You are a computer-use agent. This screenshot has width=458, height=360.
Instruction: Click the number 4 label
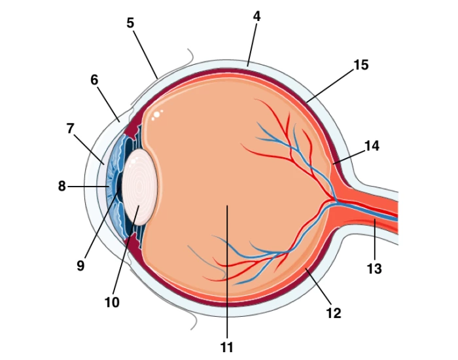(256, 16)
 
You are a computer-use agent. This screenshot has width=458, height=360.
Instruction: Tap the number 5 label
(130, 23)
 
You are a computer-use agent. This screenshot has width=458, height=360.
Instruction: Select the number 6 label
(94, 80)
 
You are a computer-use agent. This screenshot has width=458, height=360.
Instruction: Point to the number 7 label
(70, 128)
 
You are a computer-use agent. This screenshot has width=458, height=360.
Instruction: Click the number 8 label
(62, 186)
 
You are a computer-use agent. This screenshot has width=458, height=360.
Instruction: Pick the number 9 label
(80, 266)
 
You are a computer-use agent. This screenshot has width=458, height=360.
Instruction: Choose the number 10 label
(112, 302)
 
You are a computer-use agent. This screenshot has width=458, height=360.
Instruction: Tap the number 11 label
(226, 348)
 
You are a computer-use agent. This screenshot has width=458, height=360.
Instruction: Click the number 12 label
(334, 314)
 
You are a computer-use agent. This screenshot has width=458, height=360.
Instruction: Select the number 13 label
(374, 269)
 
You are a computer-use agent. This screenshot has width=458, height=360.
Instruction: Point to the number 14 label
(372, 146)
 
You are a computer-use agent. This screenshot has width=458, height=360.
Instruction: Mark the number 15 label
(361, 65)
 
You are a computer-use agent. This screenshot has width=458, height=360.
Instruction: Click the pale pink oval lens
(139, 187)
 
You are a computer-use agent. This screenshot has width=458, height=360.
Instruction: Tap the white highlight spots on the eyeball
(157, 115)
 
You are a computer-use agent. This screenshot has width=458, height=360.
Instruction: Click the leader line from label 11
(227, 272)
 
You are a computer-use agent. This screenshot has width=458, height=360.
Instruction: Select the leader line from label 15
(330, 86)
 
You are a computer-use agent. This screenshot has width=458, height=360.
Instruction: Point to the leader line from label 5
(146, 54)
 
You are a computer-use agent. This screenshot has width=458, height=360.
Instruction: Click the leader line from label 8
(88, 186)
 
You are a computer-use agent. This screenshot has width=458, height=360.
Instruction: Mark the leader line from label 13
(375, 240)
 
